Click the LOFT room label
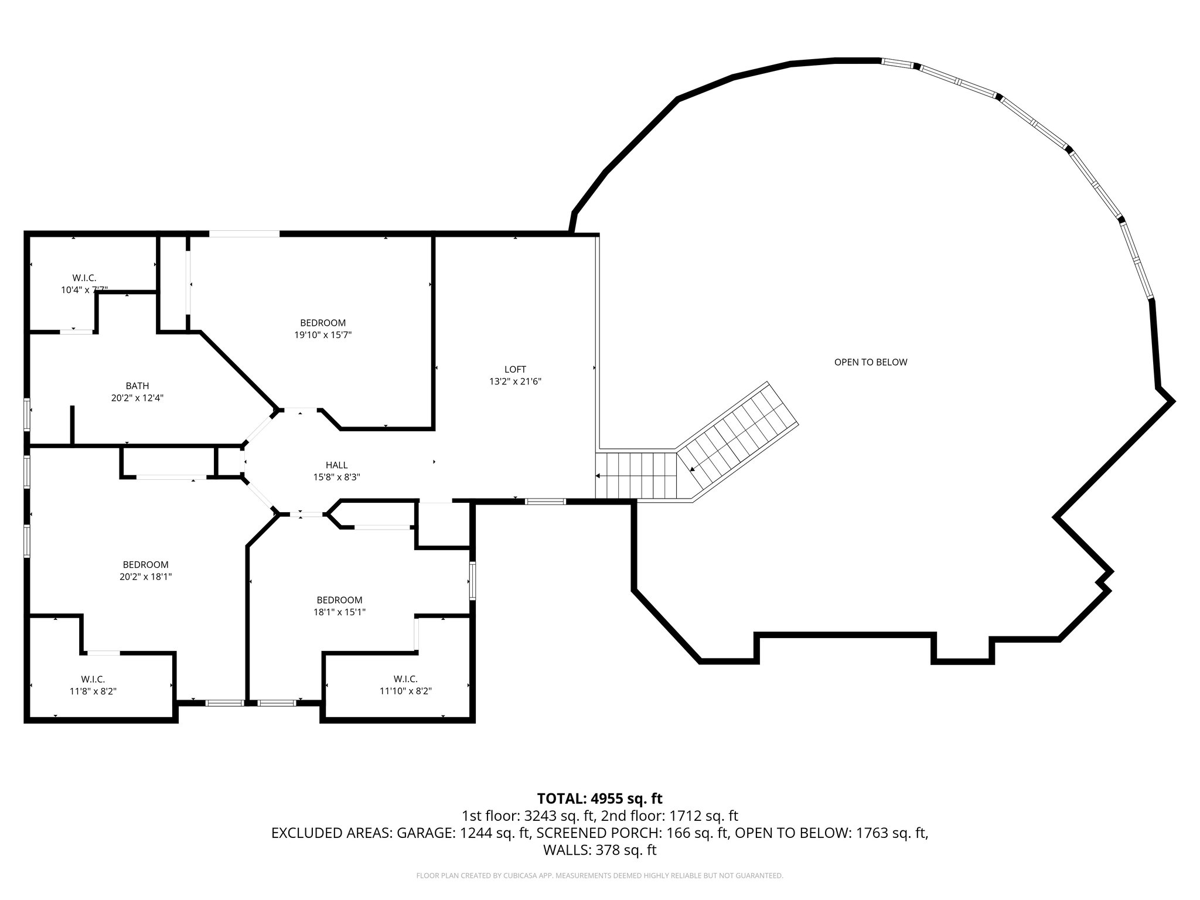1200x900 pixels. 515,369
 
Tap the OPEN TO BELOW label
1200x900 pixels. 871,362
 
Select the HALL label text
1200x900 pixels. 336,465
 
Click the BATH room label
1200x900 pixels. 137,386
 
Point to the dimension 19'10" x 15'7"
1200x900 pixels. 323,335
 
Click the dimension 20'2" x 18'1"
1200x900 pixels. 145,577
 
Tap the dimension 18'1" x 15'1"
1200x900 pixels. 339,612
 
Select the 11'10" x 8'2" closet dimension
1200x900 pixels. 405,691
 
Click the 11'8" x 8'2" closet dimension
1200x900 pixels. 93,691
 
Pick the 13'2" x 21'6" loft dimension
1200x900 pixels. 515,381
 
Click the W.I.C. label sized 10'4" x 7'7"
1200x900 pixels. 84,278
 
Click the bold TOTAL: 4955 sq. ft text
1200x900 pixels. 599,799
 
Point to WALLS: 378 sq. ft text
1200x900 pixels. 599,850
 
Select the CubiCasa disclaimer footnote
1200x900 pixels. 599,876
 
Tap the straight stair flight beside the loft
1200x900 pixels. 637,475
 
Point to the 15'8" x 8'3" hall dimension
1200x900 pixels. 336,478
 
